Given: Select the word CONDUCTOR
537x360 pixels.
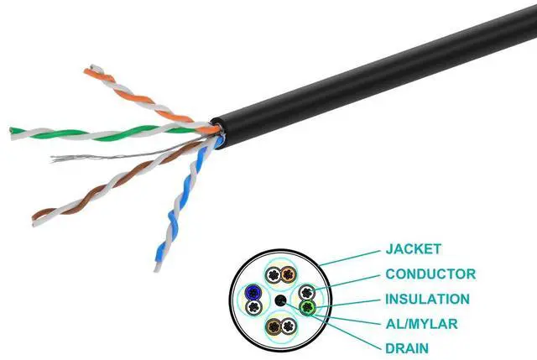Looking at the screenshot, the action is (x=430, y=274).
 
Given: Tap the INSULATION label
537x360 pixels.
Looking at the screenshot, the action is (x=427, y=299).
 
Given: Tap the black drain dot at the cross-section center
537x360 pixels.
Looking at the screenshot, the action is (x=279, y=300).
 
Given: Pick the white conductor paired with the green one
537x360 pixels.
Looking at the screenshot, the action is (x=307, y=293).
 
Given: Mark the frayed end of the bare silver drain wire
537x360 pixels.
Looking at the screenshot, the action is (x=55, y=158).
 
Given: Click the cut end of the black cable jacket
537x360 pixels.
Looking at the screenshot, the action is (x=217, y=126).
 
